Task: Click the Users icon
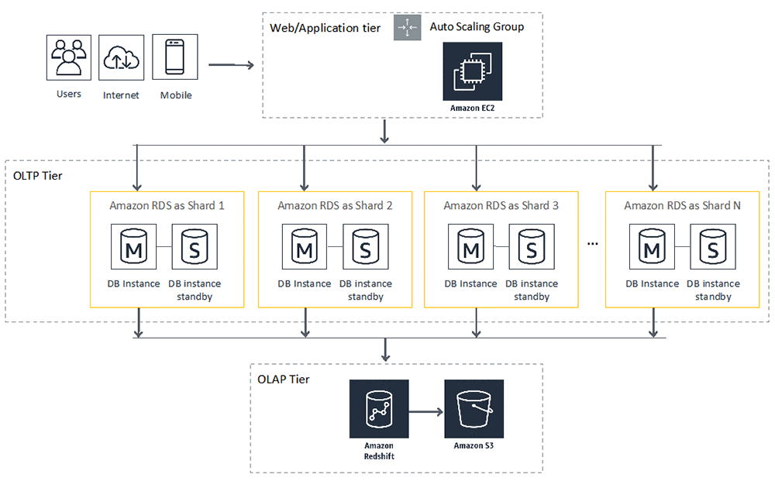69,57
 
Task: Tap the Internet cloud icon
122,57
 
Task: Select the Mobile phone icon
175,57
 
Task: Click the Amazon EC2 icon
472,72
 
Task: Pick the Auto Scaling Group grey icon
407,27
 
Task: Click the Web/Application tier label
325,28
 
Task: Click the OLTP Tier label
38,176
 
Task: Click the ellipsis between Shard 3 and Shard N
593,244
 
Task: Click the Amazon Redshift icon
378,409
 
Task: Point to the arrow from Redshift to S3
425,410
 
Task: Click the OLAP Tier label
284,379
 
